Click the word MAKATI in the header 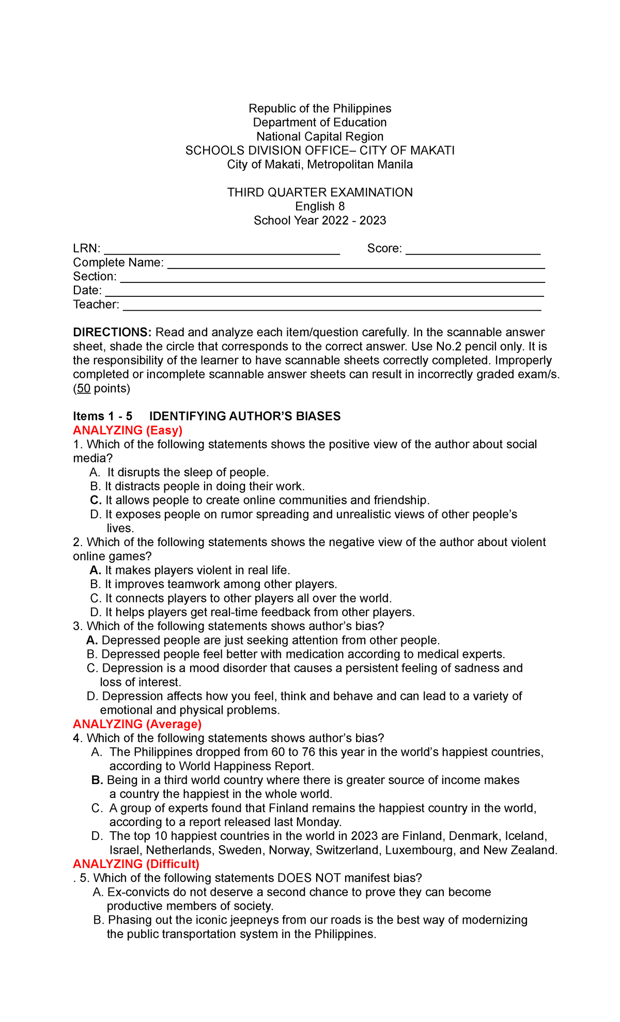432,151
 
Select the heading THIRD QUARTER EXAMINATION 320,192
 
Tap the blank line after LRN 222,249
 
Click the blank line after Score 473,249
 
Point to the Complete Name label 118,263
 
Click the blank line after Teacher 332,306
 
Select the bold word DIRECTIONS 112,332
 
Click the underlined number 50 84,388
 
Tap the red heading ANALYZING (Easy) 128,430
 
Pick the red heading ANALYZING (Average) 137,724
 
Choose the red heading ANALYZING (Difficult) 136,864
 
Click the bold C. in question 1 95,500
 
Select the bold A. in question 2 95,570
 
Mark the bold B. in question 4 97,780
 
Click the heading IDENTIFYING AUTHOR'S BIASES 245,416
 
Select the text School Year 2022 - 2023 320,220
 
